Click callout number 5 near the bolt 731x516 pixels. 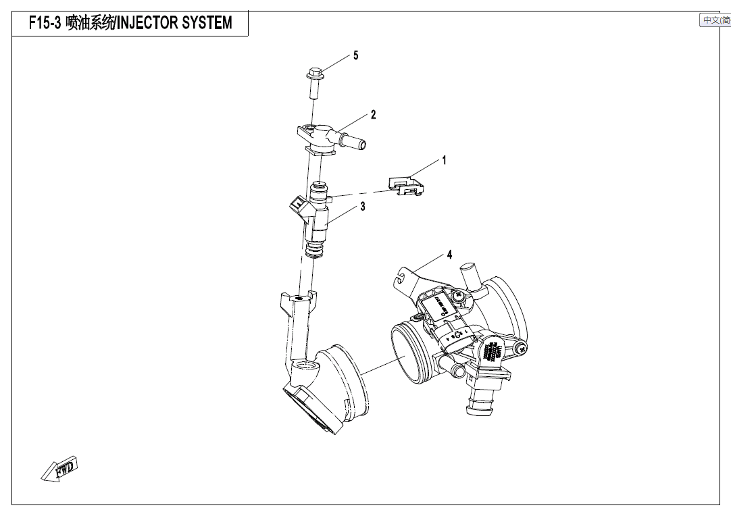point(356,55)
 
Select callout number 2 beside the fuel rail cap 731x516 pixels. point(373,115)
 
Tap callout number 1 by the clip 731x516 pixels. point(444,161)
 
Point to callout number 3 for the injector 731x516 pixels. point(363,207)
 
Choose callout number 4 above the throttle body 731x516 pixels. point(449,255)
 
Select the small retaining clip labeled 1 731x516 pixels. point(406,185)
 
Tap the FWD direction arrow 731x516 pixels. point(60,469)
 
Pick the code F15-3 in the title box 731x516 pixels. point(45,24)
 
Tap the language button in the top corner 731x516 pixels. point(715,20)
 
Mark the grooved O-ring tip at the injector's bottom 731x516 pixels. point(313,251)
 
